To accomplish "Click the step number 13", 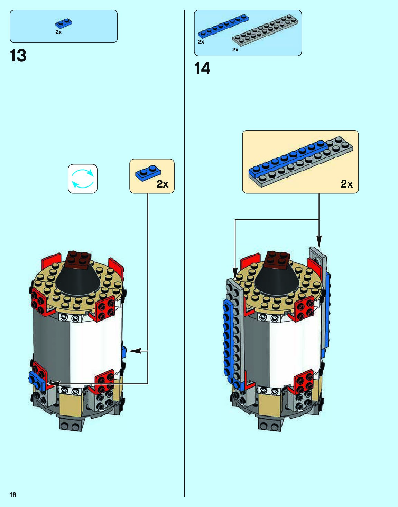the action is (18, 56).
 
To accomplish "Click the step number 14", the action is (202, 68).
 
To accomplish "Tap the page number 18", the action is (13, 495).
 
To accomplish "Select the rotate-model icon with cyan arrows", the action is (83, 179).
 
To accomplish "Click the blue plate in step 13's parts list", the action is (64, 23).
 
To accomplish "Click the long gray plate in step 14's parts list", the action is (265, 30).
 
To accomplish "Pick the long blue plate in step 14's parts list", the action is (223, 26).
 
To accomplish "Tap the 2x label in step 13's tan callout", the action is (163, 184).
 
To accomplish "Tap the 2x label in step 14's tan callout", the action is (346, 184).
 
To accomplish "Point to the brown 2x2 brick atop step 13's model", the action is (78, 259).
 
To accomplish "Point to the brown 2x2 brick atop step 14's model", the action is (277, 260).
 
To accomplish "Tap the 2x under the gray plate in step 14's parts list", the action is (235, 50).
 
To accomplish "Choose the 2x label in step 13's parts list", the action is (58, 32).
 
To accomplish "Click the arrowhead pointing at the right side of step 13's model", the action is (134, 351).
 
